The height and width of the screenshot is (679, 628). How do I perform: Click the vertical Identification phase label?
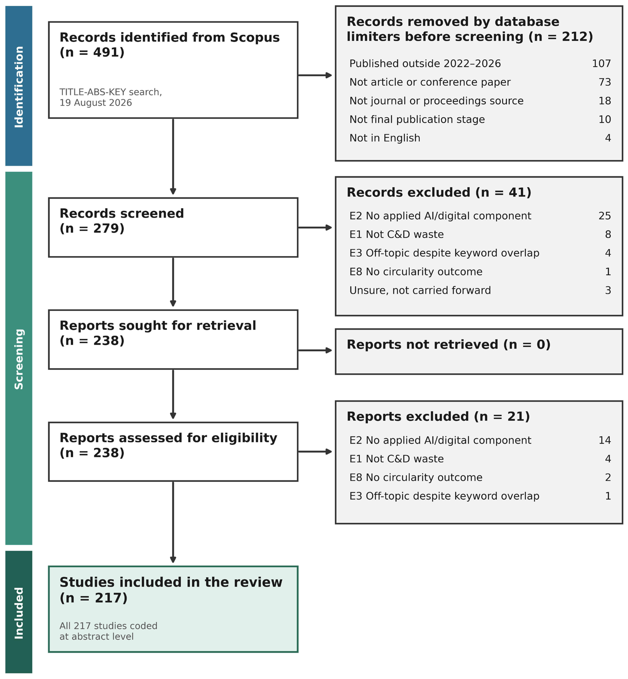tap(19, 87)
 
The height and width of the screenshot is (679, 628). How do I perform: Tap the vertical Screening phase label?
tap(19, 359)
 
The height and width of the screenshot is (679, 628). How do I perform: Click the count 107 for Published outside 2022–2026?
tap(601, 64)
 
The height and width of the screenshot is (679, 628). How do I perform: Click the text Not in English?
tap(385, 138)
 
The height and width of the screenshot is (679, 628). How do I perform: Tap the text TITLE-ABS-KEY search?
tap(111, 92)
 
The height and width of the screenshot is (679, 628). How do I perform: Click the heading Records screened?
tap(122, 213)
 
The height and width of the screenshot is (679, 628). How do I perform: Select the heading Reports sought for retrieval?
tap(158, 326)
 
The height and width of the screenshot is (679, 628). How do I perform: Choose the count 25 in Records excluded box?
tap(605, 216)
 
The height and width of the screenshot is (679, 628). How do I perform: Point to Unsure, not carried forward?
tap(420, 290)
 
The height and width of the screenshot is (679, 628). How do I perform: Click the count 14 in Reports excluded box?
tap(605, 440)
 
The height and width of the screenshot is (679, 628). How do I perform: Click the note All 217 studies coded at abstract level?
tap(108, 631)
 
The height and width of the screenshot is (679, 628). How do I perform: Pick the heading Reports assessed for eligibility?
tap(168, 438)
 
